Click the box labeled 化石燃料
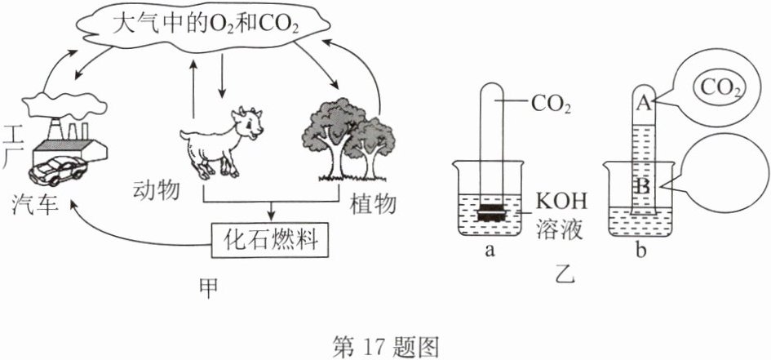click(270, 240)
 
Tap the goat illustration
click(221, 143)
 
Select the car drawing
click(58, 170)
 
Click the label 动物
click(155, 190)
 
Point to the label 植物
click(373, 205)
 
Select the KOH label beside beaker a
click(560, 202)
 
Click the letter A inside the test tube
click(645, 104)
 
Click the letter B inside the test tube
click(644, 187)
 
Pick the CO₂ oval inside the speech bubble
click(719, 88)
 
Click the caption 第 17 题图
click(385, 346)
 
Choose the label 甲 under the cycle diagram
click(210, 289)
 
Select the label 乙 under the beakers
click(563, 277)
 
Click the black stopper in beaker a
click(490, 212)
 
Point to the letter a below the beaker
click(489, 251)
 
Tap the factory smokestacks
click(69, 130)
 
